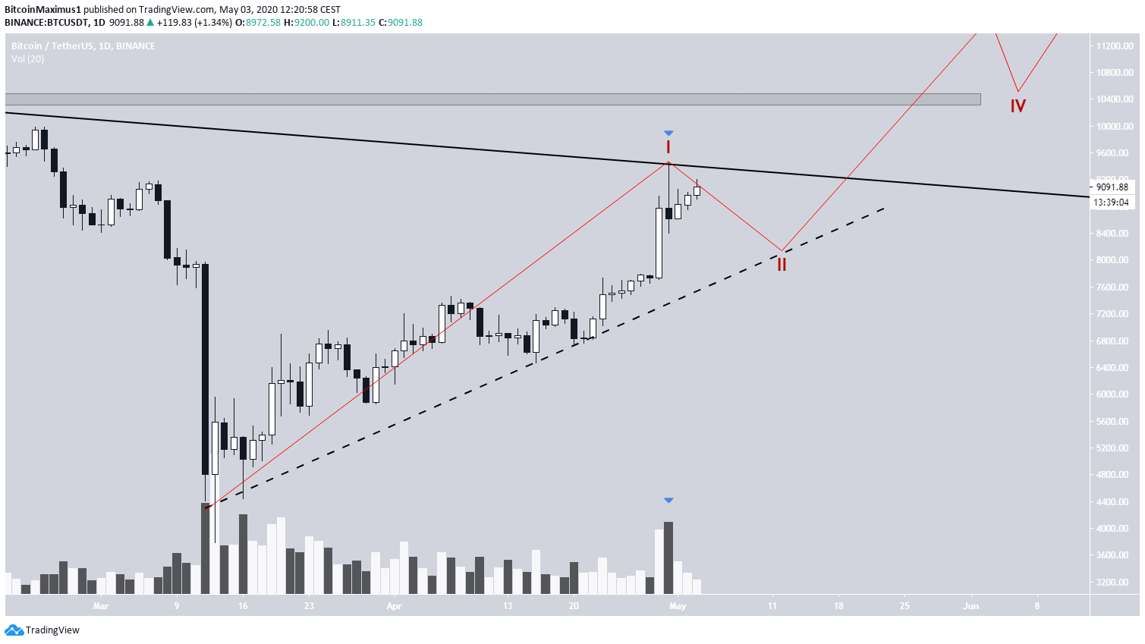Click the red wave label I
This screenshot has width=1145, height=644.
tap(668, 147)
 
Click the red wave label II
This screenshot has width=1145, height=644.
tap(781, 265)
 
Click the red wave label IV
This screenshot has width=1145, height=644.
tap(1018, 106)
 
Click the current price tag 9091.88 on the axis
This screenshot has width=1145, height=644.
tap(1112, 187)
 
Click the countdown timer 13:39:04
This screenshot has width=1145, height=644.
tap(1111, 203)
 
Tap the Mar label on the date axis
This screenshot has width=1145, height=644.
tap(101, 606)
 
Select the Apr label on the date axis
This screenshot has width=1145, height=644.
tap(394, 606)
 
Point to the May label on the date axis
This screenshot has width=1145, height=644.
tap(678, 606)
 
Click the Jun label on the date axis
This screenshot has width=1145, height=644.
tap(970, 606)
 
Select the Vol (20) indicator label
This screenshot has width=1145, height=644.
tap(27, 59)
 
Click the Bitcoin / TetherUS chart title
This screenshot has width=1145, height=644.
tap(83, 46)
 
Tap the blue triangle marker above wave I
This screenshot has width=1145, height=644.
tap(668, 134)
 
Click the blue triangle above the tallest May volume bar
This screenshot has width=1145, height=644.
tap(668, 501)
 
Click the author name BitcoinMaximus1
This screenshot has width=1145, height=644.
tap(42, 10)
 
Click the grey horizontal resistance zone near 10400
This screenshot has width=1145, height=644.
tap(492, 99)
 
